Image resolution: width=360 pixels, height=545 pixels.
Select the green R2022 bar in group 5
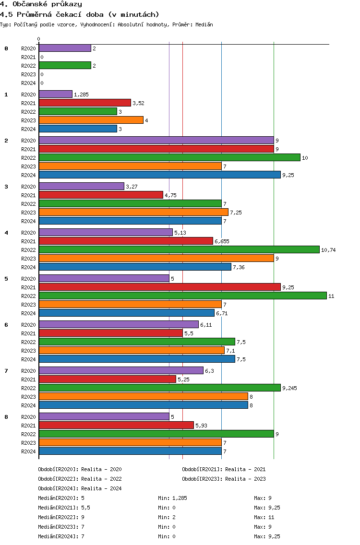point(182,296)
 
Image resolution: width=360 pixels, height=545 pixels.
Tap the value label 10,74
point(328,250)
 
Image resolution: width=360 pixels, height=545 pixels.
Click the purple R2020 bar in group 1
point(55,94)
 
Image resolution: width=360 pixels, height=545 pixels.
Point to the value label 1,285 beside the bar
point(81,95)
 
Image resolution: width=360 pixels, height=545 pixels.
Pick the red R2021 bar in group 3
point(101,195)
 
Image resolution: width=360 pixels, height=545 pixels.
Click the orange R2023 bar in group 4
point(156,258)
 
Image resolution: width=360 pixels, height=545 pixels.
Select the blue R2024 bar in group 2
point(159,175)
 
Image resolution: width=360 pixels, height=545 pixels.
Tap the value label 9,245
point(289,388)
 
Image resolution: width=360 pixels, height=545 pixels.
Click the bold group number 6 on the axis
point(6,325)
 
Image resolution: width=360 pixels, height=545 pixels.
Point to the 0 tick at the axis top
point(39,39)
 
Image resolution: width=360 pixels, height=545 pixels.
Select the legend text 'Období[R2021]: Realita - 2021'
point(224,469)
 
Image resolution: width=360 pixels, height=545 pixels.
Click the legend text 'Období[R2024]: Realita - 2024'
point(80,488)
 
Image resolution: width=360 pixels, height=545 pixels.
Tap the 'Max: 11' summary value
point(264,517)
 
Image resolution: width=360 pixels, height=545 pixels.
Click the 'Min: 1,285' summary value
point(172,498)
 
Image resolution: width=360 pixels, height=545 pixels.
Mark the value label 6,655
point(222,241)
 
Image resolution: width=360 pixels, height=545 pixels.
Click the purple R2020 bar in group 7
point(121,370)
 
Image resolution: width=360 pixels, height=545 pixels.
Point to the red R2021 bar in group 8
point(116,425)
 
